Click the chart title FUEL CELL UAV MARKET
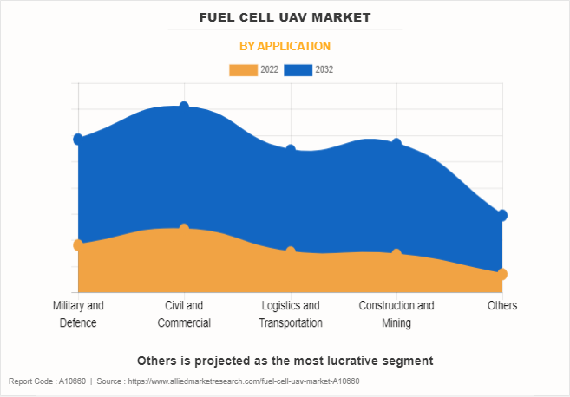point(285,16)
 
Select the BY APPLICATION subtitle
point(285,46)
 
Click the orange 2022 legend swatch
point(243,69)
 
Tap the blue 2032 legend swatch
point(298,69)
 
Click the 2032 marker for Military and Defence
point(78,139)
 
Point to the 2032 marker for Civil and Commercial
point(184,107)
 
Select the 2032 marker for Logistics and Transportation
point(291,150)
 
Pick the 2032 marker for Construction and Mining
point(396,143)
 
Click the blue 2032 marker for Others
point(502,215)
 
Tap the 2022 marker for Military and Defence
point(78,245)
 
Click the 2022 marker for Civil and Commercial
point(184,229)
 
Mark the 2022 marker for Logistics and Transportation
point(291,251)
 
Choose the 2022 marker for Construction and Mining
point(396,254)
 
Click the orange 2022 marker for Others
point(502,274)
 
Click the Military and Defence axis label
point(78,314)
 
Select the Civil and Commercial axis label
point(184,314)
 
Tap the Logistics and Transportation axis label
point(291,314)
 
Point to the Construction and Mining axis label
point(396,314)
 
